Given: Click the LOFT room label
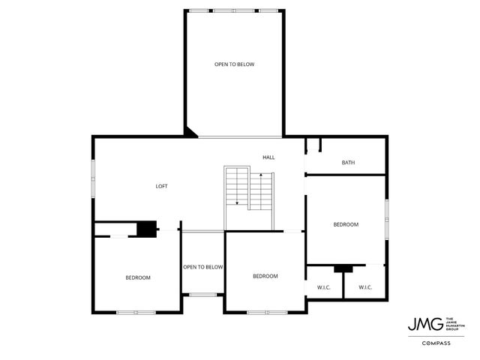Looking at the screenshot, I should pos(161,186).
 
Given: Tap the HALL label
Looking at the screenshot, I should pos(268,157).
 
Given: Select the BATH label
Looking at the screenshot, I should pos(348,163).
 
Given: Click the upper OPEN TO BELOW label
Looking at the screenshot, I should pos(234,64).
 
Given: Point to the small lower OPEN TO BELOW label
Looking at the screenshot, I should pos(202,267).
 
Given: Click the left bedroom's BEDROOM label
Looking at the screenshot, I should pos(138,278).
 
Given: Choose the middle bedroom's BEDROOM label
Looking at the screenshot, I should pos(265,276).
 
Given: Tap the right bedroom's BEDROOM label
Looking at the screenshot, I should pos(346,225).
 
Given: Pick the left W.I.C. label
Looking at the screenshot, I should pos(325,287).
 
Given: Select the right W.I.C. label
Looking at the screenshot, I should pos(365,287).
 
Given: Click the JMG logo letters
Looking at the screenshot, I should pos(421,324).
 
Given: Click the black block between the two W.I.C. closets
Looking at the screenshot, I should pos(343,268).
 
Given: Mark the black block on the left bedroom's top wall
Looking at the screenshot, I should pos(147,229).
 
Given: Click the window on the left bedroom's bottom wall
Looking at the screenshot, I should pos(136,312).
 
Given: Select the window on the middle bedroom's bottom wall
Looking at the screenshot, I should pos(266,312).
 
